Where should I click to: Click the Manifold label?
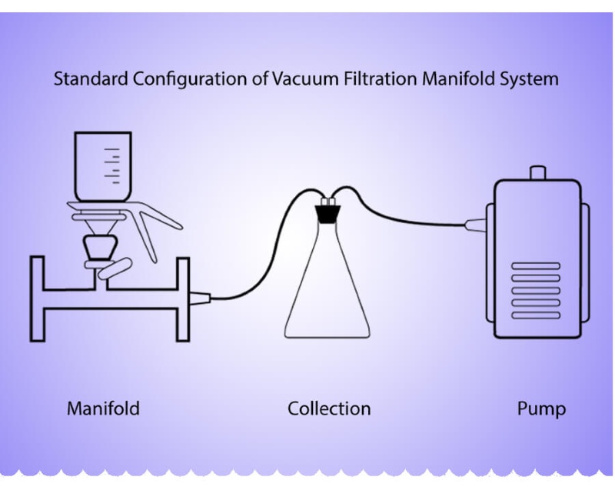[103, 408]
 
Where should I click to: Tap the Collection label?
[329, 408]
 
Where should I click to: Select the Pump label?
[541, 408]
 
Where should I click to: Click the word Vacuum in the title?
[301, 79]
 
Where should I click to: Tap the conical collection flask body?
[331, 292]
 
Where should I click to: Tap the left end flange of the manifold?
[36, 299]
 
